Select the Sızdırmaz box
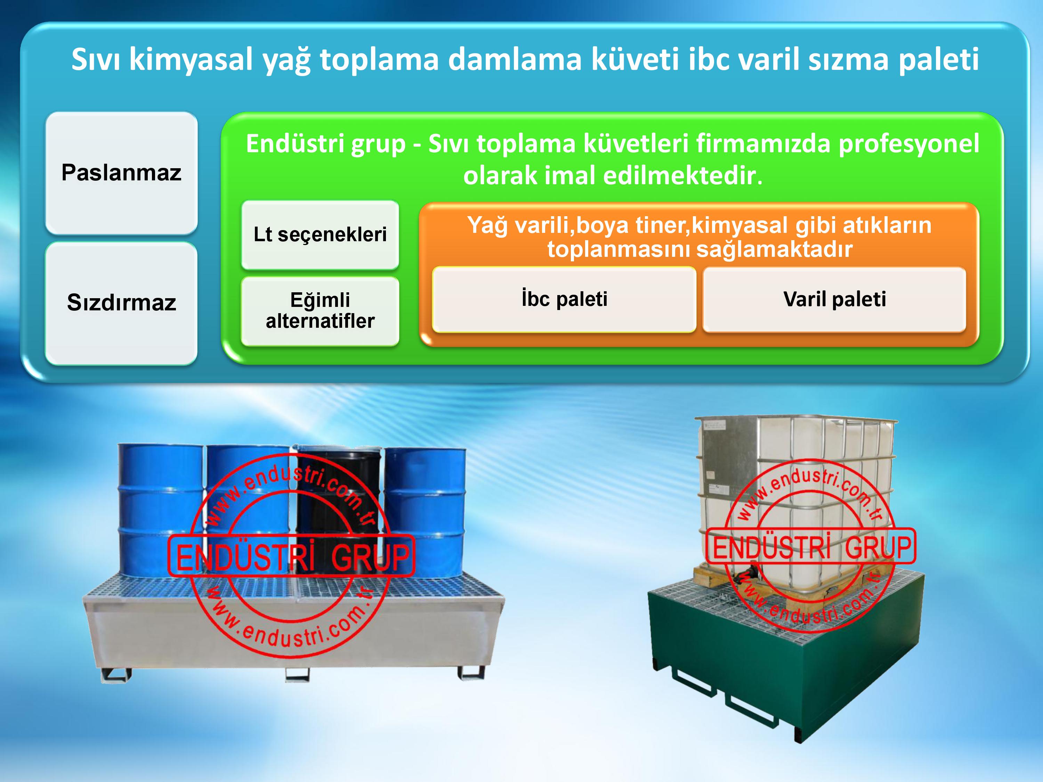[x=121, y=303]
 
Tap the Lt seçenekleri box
[x=320, y=235]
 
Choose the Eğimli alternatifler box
[x=320, y=311]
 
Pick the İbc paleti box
[x=564, y=299]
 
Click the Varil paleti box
[x=834, y=299]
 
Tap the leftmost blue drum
[x=160, y=509]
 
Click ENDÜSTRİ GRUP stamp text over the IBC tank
[x=810, y=547]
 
